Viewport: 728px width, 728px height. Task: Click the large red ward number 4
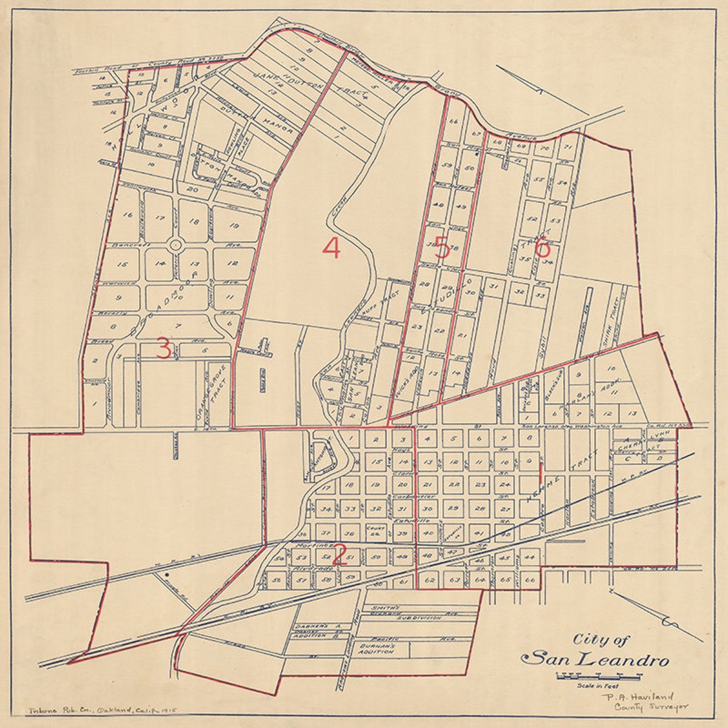(331, 249)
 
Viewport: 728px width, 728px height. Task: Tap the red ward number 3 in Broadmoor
(164, 348)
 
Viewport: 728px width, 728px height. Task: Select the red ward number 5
(442, 249)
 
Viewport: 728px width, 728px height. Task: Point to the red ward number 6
(542, 248)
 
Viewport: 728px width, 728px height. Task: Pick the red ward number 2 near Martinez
(339, 555)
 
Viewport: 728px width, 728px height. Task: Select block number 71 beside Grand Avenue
(568, 146)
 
